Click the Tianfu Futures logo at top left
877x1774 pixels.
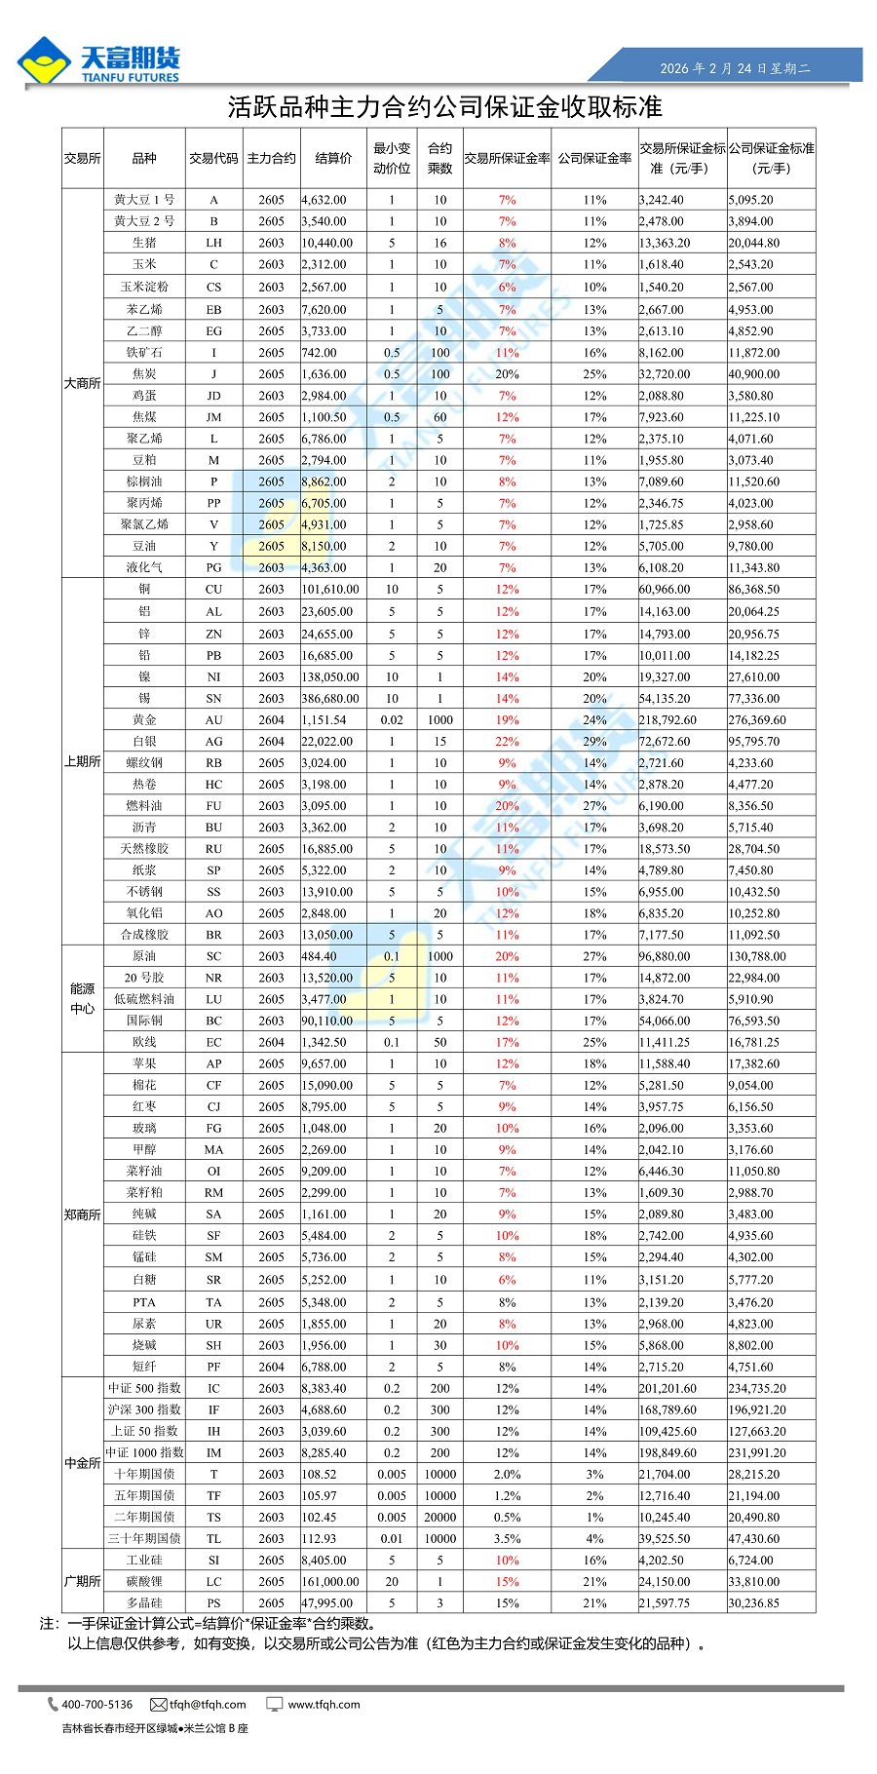tap(98, 61)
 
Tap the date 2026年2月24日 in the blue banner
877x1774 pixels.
tap(735, 68)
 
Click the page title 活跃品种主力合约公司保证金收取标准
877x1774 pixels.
tap(444, 106)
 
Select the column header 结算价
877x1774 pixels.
tap(333, 158)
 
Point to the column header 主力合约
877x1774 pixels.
tap(271, 158)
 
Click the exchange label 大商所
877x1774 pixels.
tap(83, 383)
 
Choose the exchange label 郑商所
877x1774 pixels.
tap(83, 1215)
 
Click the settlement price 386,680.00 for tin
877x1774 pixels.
tap(330, 698)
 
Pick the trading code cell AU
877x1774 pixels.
tap(213, 719)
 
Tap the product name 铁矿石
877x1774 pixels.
tap(144, 352)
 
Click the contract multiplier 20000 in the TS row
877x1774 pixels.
tap(440, 1517)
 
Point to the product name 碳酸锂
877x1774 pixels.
tap(144, 1581)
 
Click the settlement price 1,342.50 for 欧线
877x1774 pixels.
tap(324, 1042)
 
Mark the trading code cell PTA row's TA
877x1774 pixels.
tap(213, 1302)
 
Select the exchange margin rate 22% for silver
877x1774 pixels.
tap(507, 741)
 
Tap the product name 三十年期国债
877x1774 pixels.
tap(144, 1538)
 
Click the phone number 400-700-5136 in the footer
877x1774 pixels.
tap(96, 1705)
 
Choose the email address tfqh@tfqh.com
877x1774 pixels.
tap(207, 1705)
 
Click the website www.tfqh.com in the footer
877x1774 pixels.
tap(324, 1705)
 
